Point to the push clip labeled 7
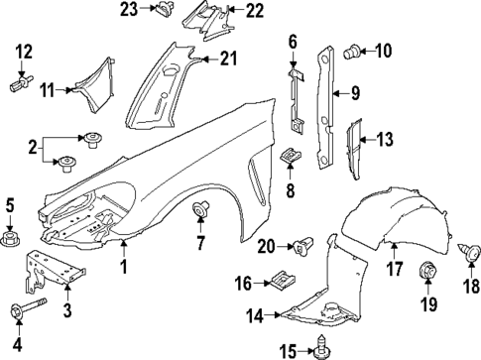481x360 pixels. [203, 209]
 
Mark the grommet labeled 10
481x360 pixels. [352, 51]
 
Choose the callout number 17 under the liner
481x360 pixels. [393, 268]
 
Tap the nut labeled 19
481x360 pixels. [427, 269]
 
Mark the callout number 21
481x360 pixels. [229, 60]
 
